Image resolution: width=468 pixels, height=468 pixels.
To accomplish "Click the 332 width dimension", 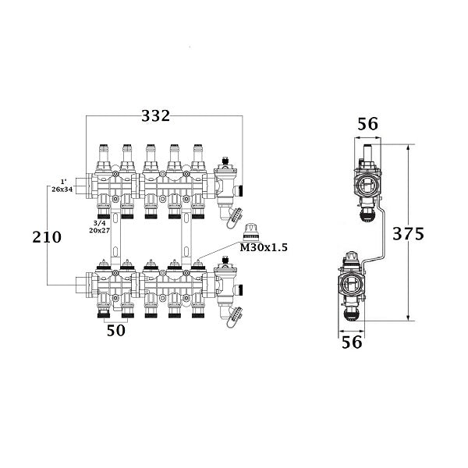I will (156, 116).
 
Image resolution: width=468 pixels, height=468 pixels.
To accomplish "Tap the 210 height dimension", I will (48, 237).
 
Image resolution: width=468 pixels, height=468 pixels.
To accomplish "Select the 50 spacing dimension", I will (115, 331).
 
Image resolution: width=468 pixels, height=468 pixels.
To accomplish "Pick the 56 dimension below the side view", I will (353, 341).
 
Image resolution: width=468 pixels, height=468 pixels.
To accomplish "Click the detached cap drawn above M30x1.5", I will (251, 230).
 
